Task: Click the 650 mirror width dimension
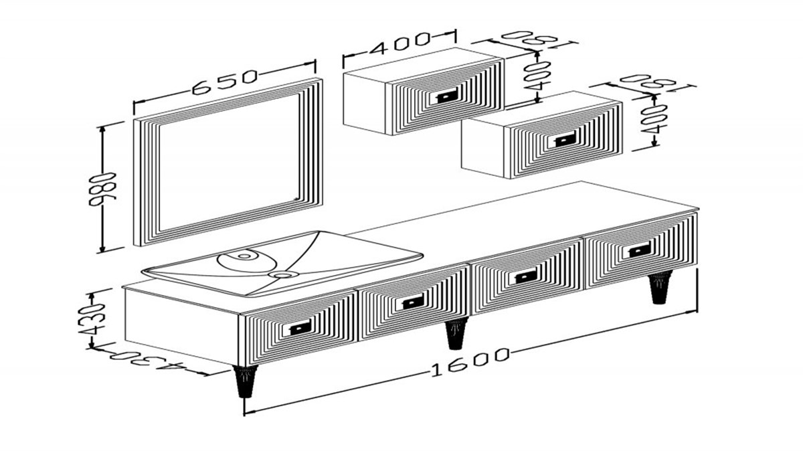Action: coord(225,82)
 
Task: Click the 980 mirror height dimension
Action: coord(103,190)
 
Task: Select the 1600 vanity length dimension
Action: coord(470,362)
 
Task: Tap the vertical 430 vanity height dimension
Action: coord(92,320)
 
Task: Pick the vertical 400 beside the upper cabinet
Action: coord(537,76)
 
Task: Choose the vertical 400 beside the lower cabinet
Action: coord(654,120)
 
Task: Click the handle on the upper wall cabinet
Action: coord(446,96)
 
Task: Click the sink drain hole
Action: coord(284,274)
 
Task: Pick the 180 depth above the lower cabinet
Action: coord(648,84)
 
